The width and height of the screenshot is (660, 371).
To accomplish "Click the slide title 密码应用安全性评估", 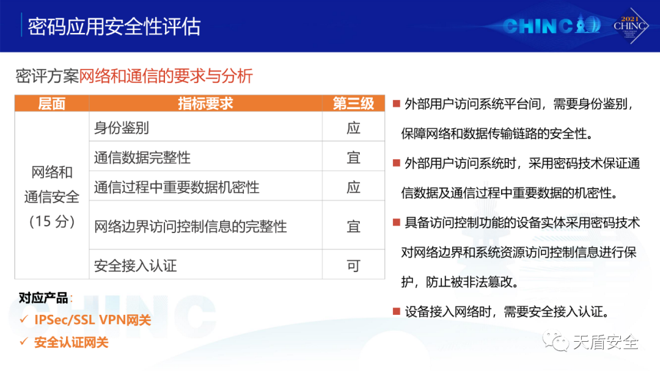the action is coord(114,26).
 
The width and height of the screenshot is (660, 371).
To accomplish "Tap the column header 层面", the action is coord(52,103).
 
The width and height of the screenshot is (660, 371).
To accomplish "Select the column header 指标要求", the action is coord(205,103).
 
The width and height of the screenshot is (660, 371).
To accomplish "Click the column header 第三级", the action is coord(353,103).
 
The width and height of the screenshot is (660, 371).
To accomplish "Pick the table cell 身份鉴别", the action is coord(121,128).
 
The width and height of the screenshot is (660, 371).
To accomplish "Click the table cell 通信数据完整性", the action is coord(142,157).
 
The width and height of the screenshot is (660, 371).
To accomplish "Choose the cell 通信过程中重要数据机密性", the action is coord(177,187).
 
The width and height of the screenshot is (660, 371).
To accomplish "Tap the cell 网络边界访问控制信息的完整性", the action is coord(190,226).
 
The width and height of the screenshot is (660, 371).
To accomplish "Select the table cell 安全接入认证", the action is coord(135,265).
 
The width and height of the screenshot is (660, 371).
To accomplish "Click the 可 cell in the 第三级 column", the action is coord(353,265).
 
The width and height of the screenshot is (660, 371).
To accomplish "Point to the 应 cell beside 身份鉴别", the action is coord(353,128).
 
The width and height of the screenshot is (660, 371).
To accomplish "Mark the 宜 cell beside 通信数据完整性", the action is coord(353,157).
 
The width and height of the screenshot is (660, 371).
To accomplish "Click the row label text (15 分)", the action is coord(52,221).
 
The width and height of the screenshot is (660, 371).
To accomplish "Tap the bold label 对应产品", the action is coord(43,298).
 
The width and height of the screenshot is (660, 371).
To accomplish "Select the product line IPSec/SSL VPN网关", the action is coord(93,320).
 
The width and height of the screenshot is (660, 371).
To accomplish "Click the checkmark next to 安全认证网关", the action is coord(24,342).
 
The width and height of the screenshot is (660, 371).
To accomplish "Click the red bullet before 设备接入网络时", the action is coord(396,311).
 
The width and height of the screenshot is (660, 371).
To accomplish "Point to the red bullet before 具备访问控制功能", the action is coord(396,222).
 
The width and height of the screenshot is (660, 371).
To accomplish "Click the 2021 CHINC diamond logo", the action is coord(629,26).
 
